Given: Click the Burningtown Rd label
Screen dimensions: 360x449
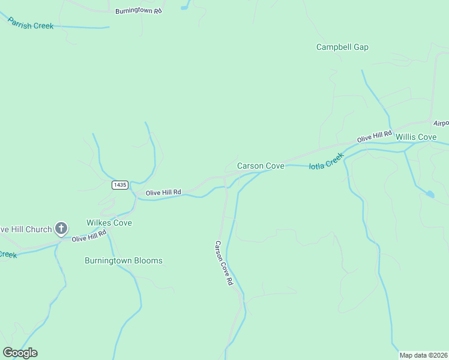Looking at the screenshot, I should coord(139,11).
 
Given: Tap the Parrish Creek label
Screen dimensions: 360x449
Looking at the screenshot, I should coord(31,23).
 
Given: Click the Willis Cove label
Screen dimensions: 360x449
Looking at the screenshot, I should coord(416,137).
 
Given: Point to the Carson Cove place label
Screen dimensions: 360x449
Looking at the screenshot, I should coord(261,166).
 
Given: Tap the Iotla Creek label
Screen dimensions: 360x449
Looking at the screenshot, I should coord(327,161).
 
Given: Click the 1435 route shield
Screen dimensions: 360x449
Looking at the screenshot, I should coord(119,185).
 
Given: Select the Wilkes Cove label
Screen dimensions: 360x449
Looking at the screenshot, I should coord(109,223).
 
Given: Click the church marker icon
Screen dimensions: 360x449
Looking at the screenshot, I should coord(61,228).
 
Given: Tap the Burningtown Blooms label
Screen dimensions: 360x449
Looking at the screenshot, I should coord(124,260).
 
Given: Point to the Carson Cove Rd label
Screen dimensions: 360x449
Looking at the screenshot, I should coord(223,262).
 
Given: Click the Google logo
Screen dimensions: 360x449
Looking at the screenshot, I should coord(20,353).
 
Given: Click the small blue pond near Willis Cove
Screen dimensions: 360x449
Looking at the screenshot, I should coord(430,194).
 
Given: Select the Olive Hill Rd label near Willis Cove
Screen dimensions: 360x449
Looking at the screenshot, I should coord(374,136).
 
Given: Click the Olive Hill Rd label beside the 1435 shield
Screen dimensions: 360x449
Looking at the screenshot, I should coord(164,192).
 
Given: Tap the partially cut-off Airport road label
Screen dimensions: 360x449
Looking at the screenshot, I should coord(441,123).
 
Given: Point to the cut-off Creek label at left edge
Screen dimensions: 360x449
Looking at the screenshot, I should coord(7,254).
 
